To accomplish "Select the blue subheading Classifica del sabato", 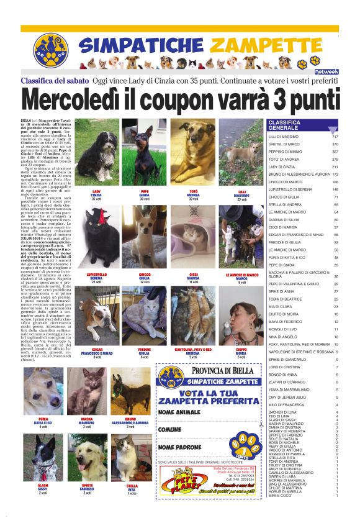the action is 54,81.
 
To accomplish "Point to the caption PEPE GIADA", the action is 144,193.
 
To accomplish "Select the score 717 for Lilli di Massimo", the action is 335,137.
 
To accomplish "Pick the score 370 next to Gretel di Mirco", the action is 335,144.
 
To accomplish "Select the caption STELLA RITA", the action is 132,487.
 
